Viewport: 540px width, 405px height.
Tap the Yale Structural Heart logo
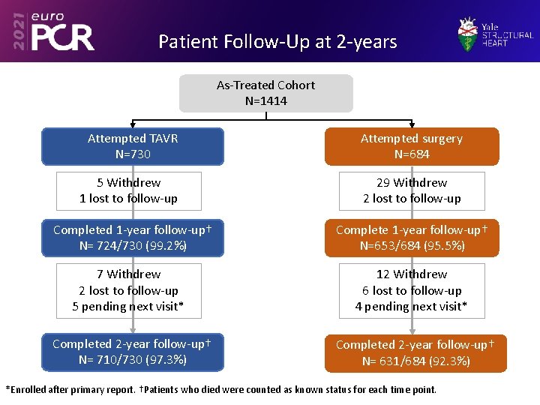coord(496,34)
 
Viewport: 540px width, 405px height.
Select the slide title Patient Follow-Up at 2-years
coord(277,41)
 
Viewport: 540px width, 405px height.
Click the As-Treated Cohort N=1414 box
coord(265,93)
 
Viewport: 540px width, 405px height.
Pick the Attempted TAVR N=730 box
coord(133,146)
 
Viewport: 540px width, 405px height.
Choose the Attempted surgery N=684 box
coord(411,146)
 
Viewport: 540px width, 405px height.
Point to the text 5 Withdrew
coord(129,183)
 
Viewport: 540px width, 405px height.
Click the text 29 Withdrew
coord(412,183)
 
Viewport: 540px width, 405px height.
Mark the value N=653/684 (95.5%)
coord(412,245)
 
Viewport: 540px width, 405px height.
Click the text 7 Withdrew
coord(129,274)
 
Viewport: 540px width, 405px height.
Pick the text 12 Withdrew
coord(412,274)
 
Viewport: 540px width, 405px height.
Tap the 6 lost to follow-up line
coord(412,290)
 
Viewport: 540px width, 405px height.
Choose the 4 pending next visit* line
coord(412,306)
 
